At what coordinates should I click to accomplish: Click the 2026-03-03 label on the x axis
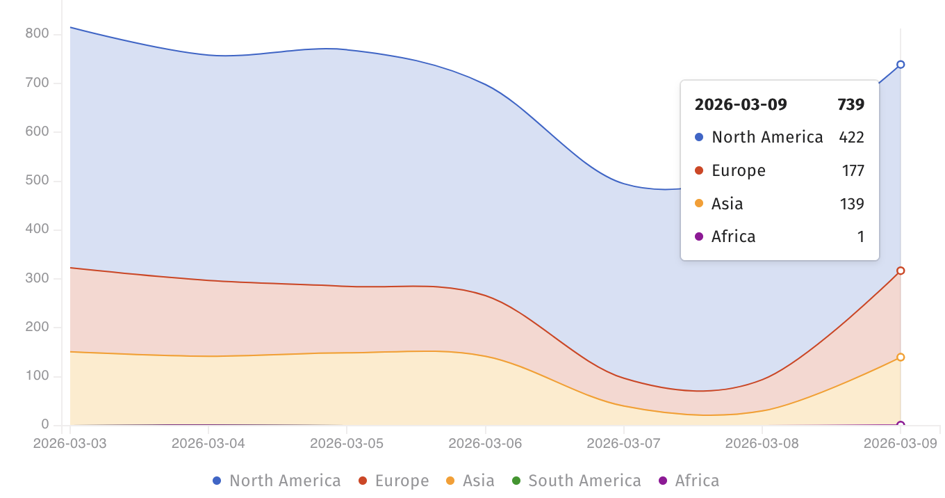pos(69,443)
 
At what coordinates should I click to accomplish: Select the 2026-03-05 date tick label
pos(347,443)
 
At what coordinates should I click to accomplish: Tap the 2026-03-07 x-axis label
pos(623,443)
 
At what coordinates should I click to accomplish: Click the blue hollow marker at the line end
pos(901,65)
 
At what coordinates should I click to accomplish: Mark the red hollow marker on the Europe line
pos(901,271)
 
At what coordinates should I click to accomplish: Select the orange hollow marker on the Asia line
pos(901,358)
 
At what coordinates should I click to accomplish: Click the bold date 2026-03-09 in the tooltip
pos(741,105)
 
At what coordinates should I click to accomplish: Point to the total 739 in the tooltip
pos(850,105)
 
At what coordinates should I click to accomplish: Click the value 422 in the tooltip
pos(851,137)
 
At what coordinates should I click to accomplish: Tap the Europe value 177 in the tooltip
pos(852,170)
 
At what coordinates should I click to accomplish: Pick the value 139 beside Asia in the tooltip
pos(852,204)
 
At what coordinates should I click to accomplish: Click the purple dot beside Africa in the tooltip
pos(699,237)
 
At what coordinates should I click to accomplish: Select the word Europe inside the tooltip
pos(738,170)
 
